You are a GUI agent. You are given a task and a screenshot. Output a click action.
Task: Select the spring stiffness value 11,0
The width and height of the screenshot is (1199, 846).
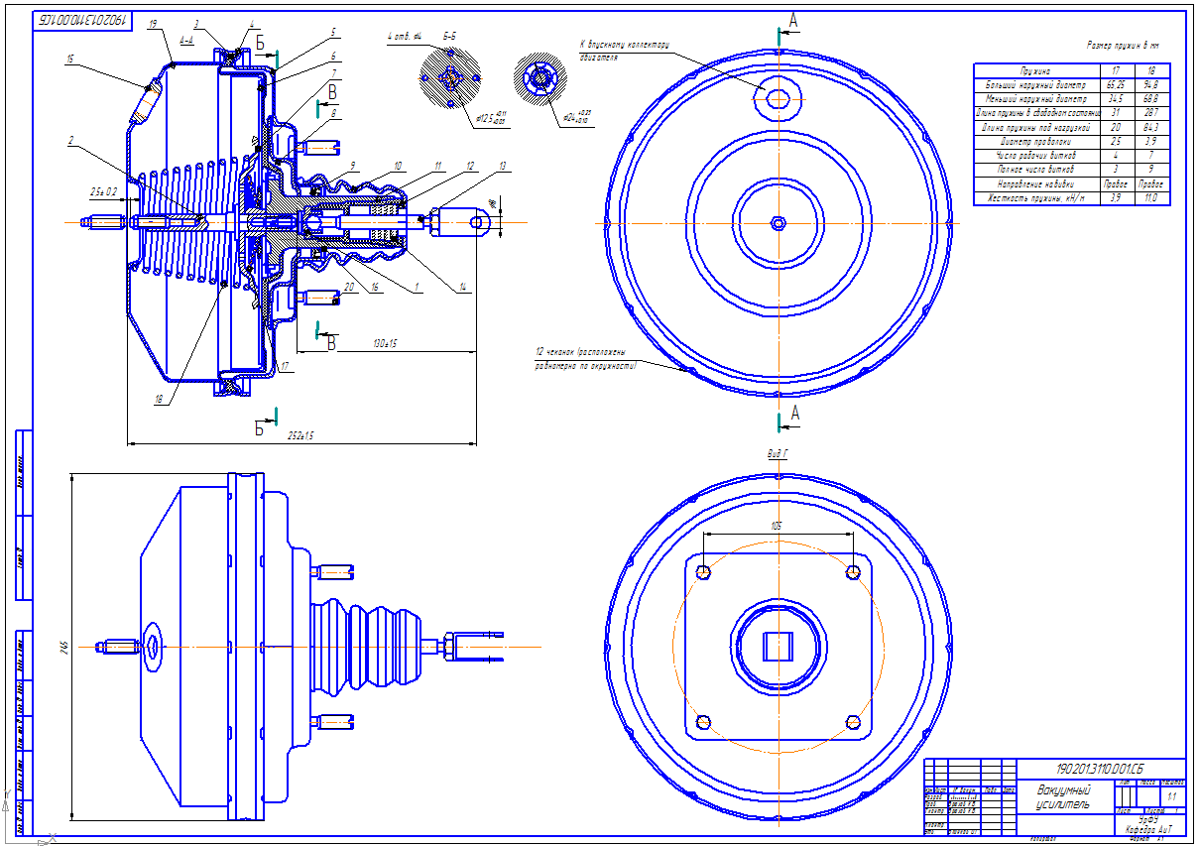click(x=1152, y=198)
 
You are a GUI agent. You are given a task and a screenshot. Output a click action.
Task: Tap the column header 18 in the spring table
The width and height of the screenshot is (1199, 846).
click(x=1151, y=71)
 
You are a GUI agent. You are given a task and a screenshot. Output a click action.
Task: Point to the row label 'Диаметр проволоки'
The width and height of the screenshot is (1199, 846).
click(x=1037, y=142)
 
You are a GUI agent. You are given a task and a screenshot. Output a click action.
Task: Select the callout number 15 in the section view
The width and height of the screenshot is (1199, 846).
click(x=70, y=60)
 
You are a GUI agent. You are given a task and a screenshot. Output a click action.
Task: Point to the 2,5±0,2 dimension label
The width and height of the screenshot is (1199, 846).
click(x=103, y=190)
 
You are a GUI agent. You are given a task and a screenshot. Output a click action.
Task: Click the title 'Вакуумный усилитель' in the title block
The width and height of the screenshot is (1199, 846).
click(x=1064, y=796)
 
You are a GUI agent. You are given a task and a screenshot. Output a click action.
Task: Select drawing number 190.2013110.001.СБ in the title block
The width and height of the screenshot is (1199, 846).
click(x=1099, y=768)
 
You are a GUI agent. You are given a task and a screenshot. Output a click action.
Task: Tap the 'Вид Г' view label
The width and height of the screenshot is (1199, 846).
click(x=778, y=452)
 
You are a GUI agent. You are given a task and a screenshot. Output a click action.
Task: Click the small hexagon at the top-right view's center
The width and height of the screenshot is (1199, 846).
click(x=779, y=223)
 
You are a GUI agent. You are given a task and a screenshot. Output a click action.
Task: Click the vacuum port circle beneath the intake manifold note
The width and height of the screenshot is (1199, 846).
click(x=779, y=97)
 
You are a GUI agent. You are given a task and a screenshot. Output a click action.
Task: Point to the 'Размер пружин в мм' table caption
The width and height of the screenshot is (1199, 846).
click(x=1123, y=46)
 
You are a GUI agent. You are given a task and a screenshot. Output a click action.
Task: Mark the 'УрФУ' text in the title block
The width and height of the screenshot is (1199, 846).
click(x=1147, y=819)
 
